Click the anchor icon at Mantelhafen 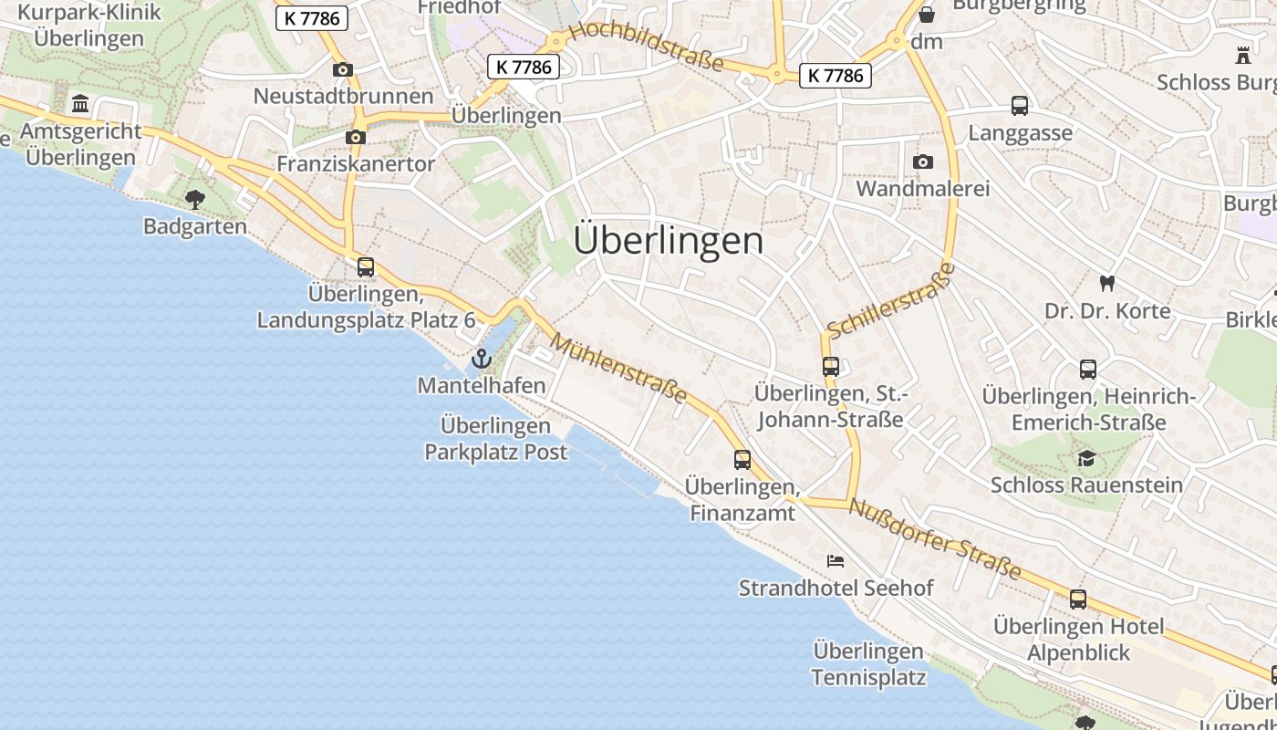click(x=482, y=359)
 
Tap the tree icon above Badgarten click(x=194, y=199)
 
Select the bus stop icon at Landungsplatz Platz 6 click(x=366, y=267)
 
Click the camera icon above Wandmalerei click(x=923, y=162)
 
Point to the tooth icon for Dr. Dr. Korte click(x=1107, y=284)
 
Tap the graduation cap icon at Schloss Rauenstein click(x=1086, y=457)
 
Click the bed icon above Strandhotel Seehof click(x=836, y=560)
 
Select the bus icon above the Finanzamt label click(x=742, y=459)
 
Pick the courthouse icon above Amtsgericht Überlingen click(x=80, y=104)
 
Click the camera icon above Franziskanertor click(x=356, y=137)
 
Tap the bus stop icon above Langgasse click(x=1020, y=106)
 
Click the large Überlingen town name click(x=669, y=241)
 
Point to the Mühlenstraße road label click(x=619, y=368)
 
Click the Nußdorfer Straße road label click(x=935, y=538)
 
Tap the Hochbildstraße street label click(x=646, y=47)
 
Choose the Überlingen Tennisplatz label click(x=868, y=664)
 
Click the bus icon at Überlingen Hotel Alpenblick click(x=1078, y=600)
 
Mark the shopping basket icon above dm click(x=927, y=15)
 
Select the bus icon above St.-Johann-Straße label click(x=830, y=366)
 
